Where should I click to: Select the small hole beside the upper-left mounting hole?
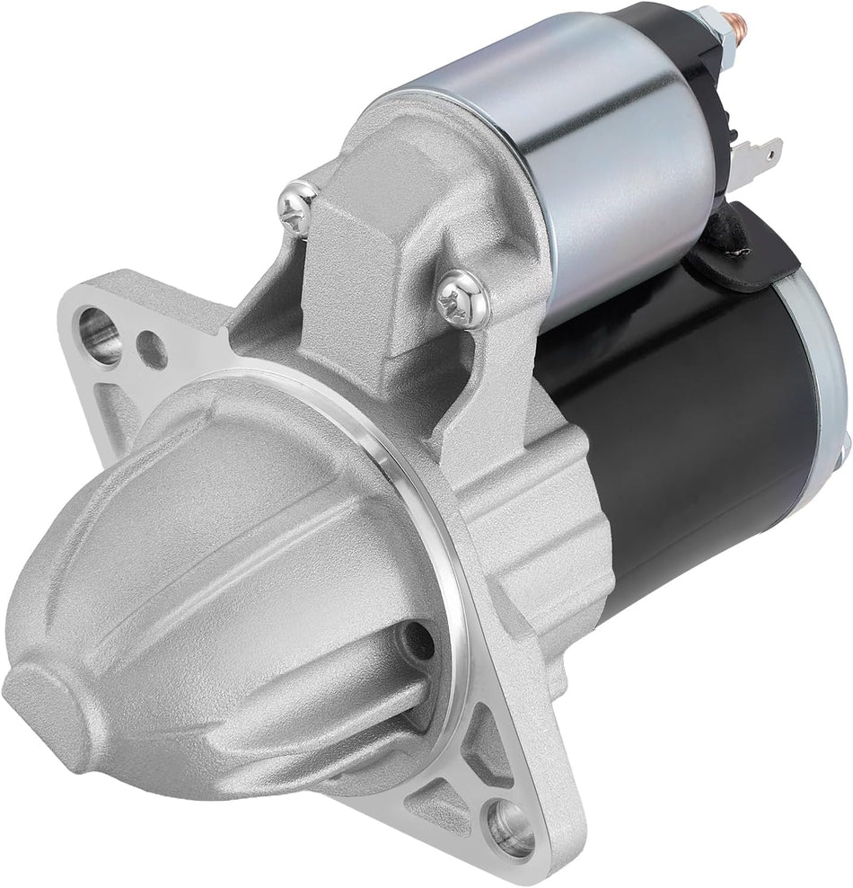(x=153, y=350)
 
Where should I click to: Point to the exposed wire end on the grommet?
(x=738, y=254)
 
